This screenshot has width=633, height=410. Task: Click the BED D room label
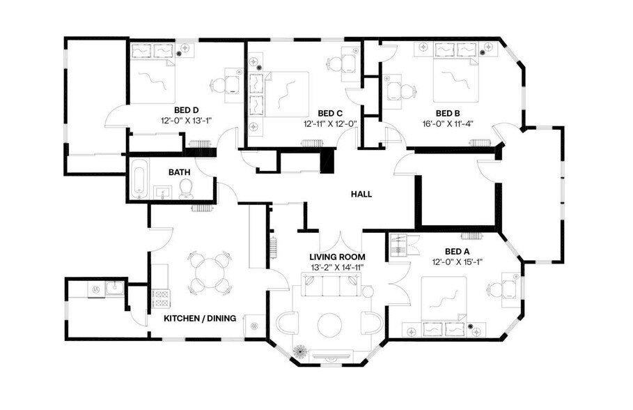click(x=187, y=109)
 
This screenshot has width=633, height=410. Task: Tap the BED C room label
click(x=330, y=113)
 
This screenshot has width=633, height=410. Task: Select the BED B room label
click(x=448, y=113)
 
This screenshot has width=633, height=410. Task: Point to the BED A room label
click(x=456, y=252)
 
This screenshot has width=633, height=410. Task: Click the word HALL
click(x=361, y=195)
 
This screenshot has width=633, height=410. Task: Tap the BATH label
click(x=180, y=172)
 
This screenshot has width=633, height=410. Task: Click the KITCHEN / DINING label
click(x=200, y=318)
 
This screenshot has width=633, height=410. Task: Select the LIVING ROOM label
click(x=338, y=256)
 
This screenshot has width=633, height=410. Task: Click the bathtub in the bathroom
click(x=139, y=179)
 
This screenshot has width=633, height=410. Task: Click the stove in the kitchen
click(x=161, y=298)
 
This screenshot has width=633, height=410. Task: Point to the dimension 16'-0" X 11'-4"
click(x=448, y=124)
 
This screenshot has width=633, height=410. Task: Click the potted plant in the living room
click(x=301, y=351)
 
